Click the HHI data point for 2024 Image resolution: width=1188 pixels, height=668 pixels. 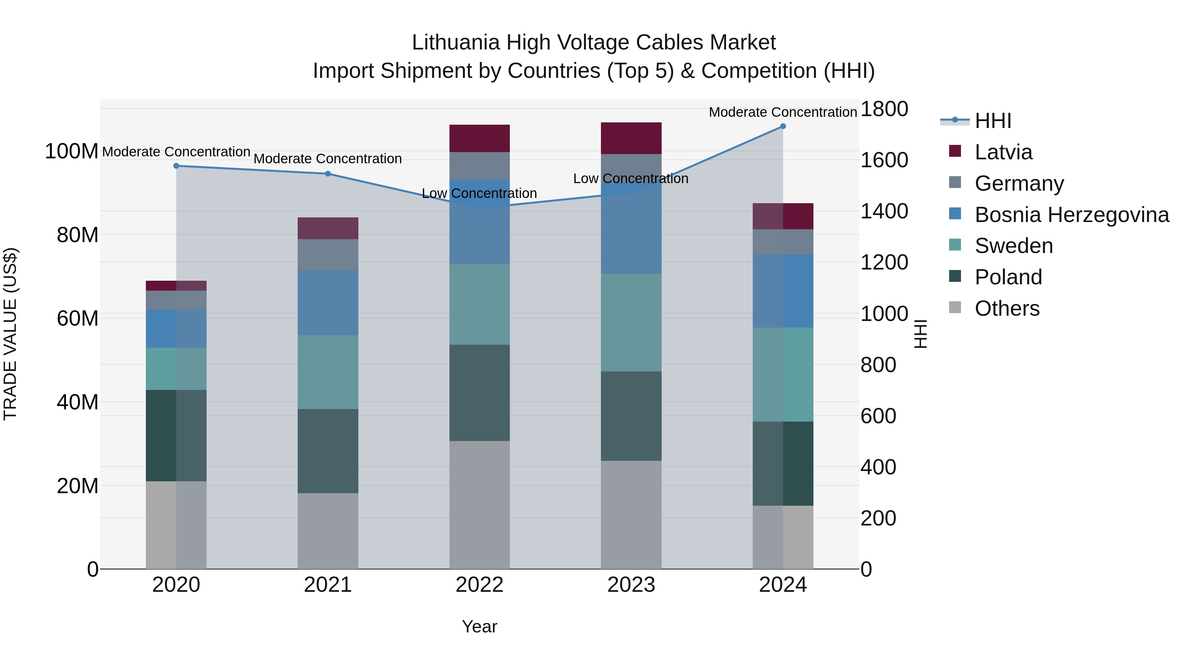click(783, 126)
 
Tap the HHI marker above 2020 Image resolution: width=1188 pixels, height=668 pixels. click(176, 166)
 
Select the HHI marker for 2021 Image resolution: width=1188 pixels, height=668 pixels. click(328, 174)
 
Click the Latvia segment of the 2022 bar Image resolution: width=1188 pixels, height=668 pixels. click(479, 138)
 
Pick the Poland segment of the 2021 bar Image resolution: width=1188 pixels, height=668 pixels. click(328, 451)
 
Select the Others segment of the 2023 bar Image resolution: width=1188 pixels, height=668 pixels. click(631, 515)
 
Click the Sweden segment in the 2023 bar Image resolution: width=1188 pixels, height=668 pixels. click(631, 323)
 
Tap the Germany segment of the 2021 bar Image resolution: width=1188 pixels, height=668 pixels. click(328, 254)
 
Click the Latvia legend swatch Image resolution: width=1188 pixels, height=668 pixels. click(955, 151)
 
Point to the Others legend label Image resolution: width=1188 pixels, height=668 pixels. click(1007, 308)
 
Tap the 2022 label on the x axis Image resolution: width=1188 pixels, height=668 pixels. click(479, 585)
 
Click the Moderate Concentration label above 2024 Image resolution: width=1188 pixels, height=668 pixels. click(783, 112)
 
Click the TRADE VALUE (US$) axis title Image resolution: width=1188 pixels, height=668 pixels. click(10, 334)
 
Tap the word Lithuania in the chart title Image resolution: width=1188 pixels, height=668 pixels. click(456, 43)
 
